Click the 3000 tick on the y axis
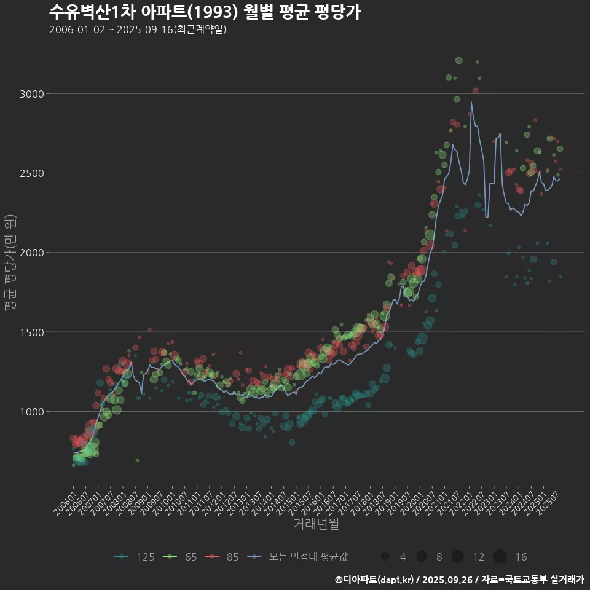(33, 94)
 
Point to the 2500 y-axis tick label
(33, 173)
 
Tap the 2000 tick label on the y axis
(33, 253)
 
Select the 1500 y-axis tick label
(33, 332)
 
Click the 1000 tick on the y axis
(33, 412)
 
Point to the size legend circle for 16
(499, 557)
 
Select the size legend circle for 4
(385, 557)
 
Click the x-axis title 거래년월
(316, 524)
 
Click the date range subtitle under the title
(138, 29)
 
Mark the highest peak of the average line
(471, 102)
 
